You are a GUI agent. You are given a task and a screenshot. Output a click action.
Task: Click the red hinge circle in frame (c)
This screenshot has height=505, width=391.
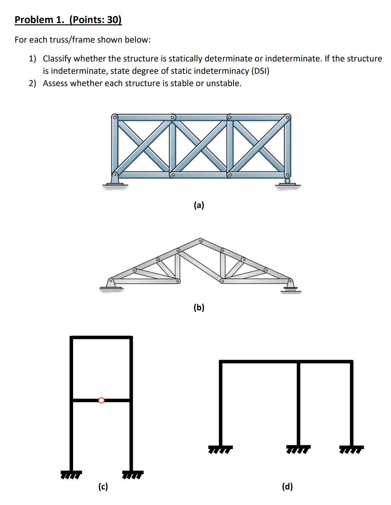coord(101,400)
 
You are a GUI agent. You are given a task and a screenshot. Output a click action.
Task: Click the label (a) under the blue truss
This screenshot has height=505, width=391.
coord(199,205)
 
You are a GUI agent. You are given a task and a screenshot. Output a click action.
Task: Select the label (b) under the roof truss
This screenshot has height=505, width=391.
coord(199,307)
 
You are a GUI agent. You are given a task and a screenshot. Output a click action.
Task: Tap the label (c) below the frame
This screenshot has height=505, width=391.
coord(103,486)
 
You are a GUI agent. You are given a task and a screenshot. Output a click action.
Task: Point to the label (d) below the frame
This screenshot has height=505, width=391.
coord(287,486)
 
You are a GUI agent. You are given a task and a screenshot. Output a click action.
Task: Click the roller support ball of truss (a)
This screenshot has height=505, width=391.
coord(287,181)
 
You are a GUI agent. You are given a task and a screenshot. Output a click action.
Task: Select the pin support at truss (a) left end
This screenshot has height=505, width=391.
coord(115,179)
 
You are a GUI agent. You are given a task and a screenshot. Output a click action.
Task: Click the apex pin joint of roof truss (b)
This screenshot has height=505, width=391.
coord(200,241)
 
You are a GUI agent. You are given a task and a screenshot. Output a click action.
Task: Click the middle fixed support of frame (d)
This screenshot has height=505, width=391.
coord(298,449)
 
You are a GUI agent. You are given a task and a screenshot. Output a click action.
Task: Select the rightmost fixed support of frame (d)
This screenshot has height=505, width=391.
coord(351,449)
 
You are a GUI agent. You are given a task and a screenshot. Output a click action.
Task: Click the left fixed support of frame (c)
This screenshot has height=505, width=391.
coord(71,474)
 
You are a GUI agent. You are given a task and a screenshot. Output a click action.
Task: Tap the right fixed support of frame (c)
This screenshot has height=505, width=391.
coord(132,474)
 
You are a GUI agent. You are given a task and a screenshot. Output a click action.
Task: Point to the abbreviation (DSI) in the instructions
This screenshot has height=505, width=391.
coord(260,71)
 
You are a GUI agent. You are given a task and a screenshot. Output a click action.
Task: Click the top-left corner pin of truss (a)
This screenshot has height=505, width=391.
coord(114,117)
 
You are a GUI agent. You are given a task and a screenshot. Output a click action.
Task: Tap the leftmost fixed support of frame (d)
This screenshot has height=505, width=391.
coord(221,449)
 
